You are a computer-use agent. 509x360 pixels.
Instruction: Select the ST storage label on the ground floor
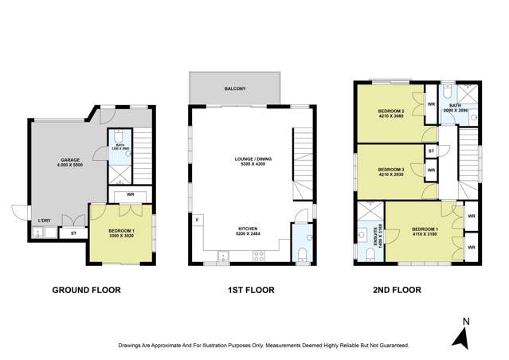(72, 233)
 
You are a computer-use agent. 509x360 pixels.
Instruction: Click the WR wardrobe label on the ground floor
(130, 195)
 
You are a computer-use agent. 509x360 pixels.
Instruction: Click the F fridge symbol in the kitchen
(198, 217)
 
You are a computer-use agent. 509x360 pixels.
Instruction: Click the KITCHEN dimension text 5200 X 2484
(242, 234)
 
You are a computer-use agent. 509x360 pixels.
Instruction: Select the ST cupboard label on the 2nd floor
(431, 151)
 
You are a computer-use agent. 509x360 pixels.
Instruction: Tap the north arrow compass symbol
(460, 336)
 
